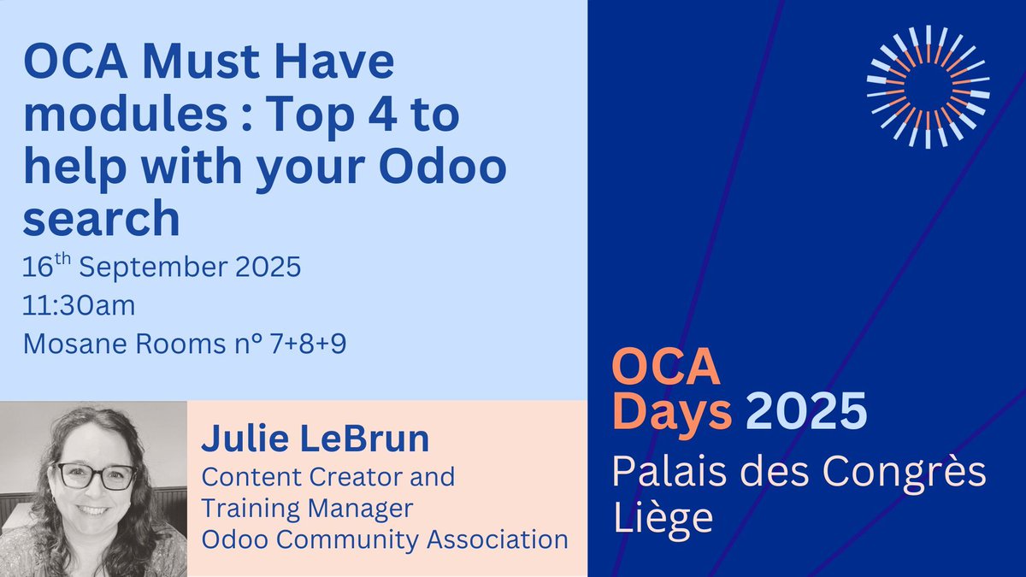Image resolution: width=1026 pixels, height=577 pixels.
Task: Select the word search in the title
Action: [101, 219]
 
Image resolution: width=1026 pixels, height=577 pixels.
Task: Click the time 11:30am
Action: [80, 305]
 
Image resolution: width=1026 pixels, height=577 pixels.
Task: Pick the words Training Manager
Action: [308, 508]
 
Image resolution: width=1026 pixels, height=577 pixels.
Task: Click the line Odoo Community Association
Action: [385, 539]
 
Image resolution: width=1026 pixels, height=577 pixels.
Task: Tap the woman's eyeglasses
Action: [95, 475]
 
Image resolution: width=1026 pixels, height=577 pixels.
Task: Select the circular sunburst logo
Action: [928, 85]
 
